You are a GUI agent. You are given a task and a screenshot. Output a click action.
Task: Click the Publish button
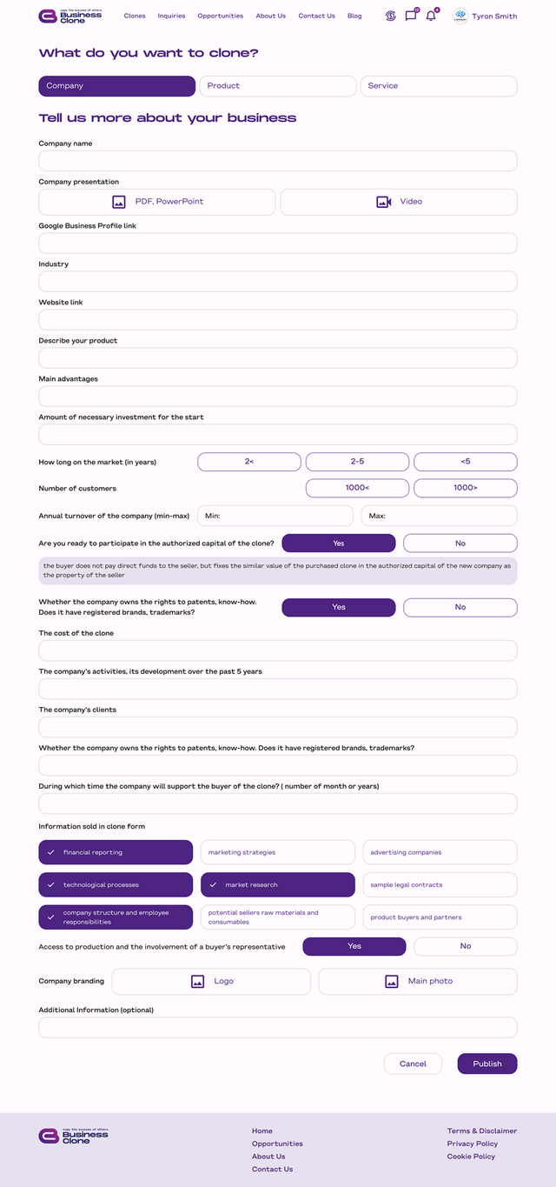(487, 1064)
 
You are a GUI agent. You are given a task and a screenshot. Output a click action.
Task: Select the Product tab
(278, 86)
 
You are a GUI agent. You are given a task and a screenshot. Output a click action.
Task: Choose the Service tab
(439, 86)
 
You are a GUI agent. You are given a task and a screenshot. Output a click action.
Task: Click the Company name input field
(278, 161)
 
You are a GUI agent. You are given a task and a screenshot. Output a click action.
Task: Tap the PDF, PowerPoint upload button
(157, 202)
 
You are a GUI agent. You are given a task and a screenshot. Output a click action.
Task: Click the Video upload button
(399, 202)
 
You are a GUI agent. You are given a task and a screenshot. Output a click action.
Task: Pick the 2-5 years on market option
(357, 462)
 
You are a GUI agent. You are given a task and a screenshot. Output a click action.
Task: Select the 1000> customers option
(466, 488)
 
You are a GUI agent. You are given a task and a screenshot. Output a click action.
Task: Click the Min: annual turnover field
(275, 516)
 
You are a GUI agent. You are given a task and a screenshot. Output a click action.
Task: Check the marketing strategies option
(278, 852)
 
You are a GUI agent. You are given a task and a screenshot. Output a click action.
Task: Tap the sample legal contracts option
(440, 884)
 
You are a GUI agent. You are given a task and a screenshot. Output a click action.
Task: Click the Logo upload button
(211, 981)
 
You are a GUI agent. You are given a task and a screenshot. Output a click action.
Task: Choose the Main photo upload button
(418, 981)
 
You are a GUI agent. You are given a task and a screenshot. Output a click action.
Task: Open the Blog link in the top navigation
(354, 16)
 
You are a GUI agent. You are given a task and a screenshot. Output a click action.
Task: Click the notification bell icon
(431, 16)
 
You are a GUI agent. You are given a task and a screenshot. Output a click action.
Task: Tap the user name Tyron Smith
(494, 17)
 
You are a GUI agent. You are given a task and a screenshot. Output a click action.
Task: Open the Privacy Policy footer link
(473, 1144)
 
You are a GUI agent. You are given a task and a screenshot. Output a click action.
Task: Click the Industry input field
(278, 282)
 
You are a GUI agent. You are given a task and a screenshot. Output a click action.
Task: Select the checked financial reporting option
(116, 852)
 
